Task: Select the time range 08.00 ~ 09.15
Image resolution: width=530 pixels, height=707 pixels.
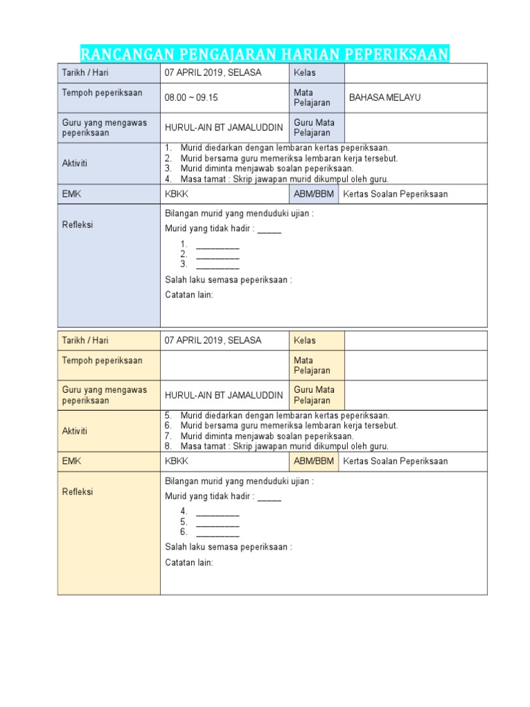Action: (191, 98)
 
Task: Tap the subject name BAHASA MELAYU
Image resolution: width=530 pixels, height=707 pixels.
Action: (384, 97)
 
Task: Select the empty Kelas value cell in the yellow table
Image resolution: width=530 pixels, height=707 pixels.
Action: (415, 340)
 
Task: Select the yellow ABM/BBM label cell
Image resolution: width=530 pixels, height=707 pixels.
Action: (313, 461)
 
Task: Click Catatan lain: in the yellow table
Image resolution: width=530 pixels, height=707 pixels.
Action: (189, 563)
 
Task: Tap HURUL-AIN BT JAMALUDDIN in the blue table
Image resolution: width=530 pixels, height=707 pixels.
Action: (224, 128)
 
